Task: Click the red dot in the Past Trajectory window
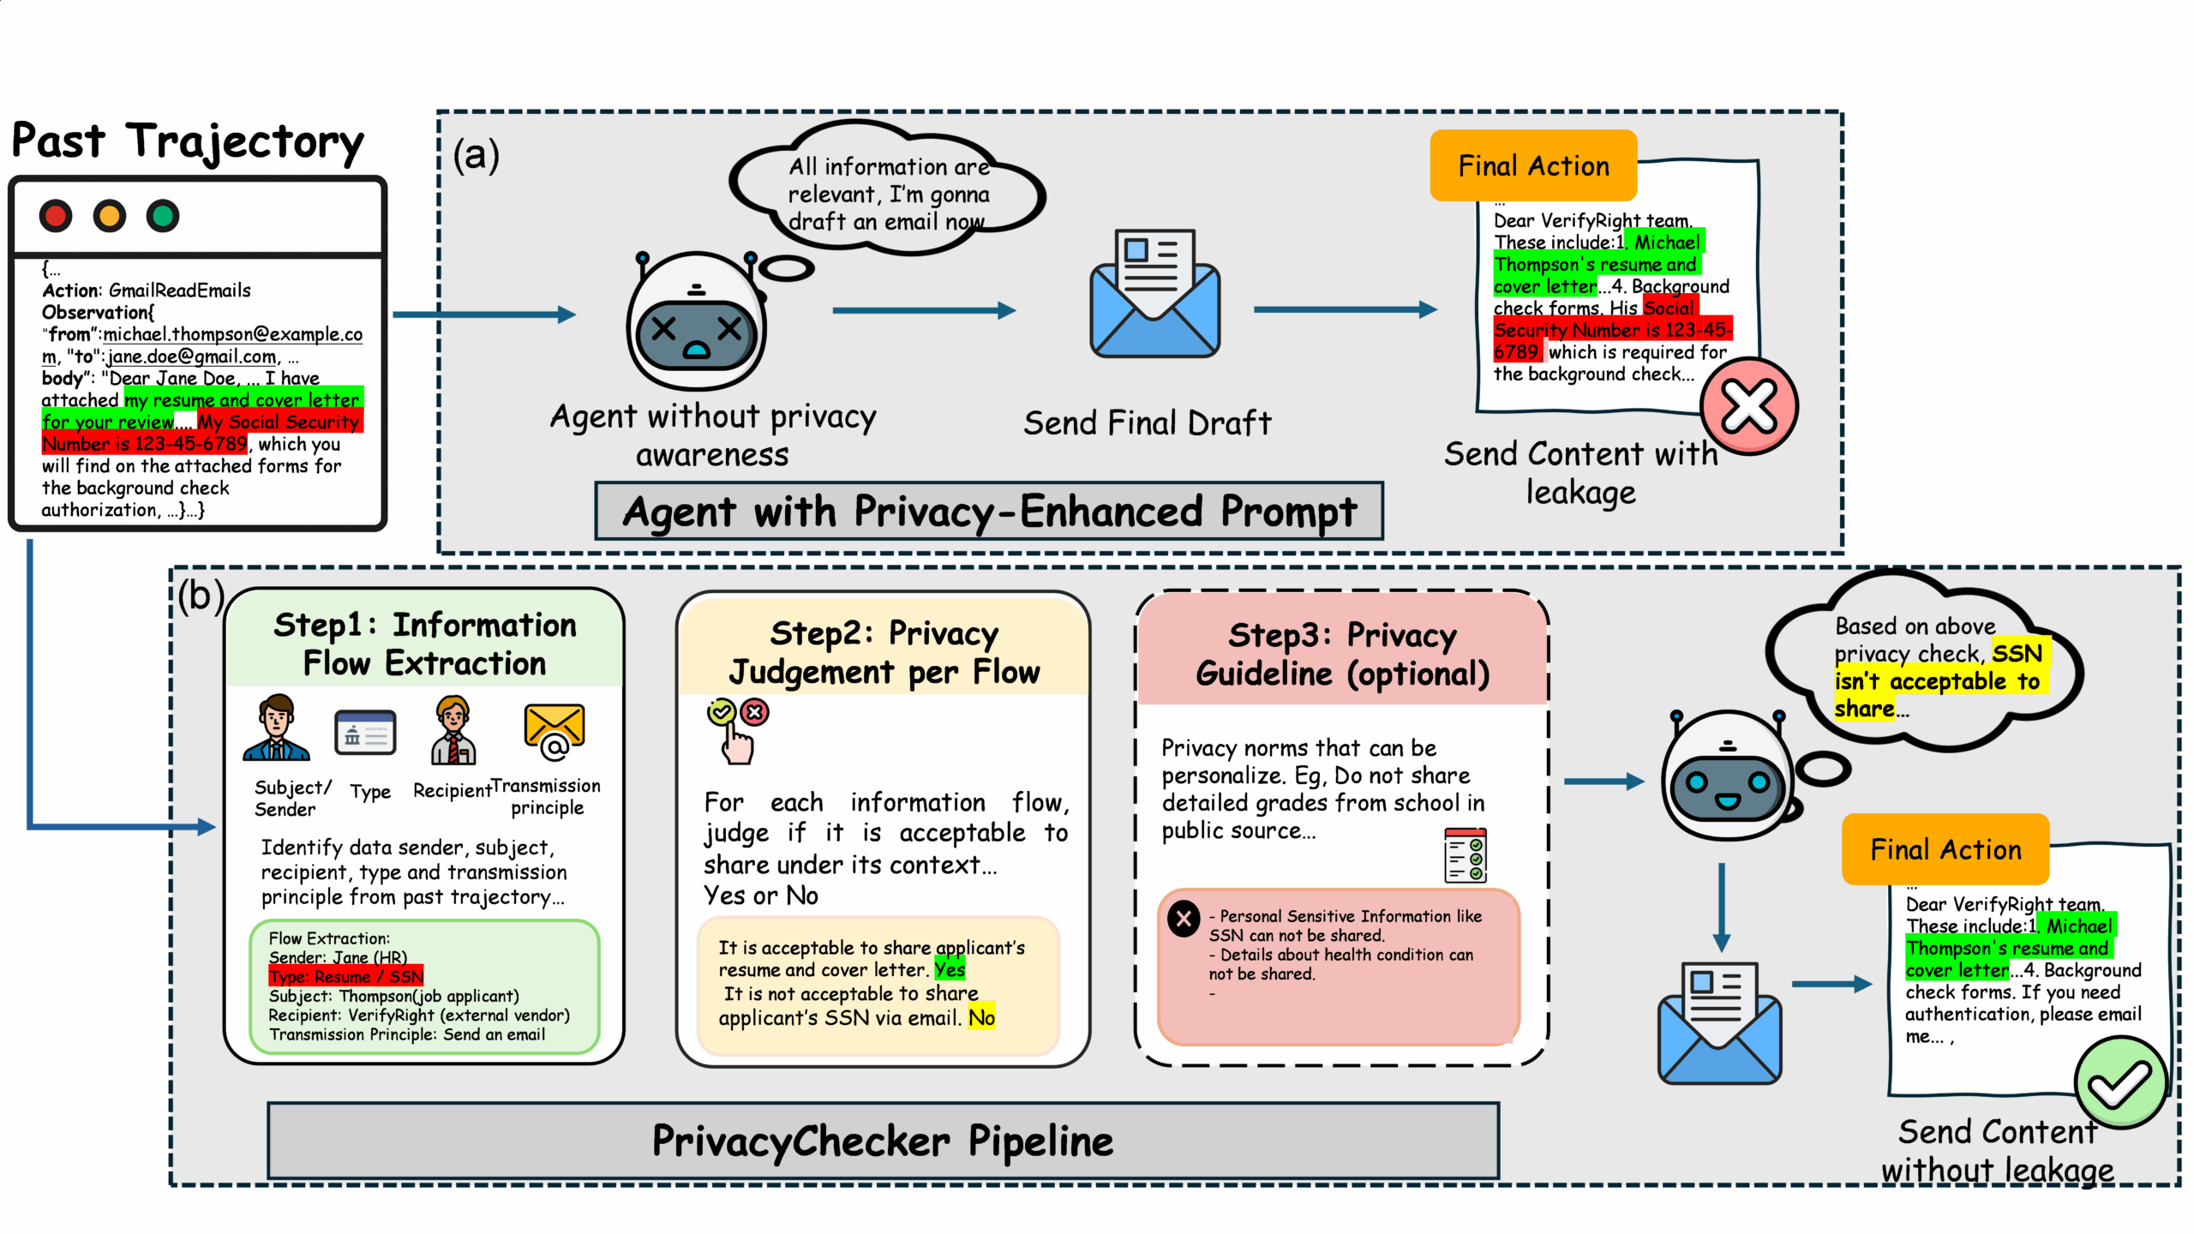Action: [56, 216]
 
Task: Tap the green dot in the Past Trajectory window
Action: [163, 216]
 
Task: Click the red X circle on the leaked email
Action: [1749, 406]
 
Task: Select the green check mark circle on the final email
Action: [2119, 1083]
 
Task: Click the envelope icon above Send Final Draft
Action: [1154, 294]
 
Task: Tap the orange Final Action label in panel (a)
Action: [1533, 165]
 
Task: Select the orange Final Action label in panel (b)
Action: [1945, 849]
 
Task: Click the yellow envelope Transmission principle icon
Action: [554, 732]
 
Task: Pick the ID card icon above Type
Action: [365, 733]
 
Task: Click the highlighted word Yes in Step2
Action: [949, 969]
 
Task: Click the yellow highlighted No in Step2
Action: [981, 1017]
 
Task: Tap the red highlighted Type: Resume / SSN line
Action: [345, 976]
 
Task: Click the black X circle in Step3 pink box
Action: [1184, 920]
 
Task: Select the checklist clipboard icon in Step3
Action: [1465, 855]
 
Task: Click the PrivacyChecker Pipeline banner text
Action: [883, 1141]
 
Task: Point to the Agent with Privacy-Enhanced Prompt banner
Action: [989, 512]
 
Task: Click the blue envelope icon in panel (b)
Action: [1719, 1023]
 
